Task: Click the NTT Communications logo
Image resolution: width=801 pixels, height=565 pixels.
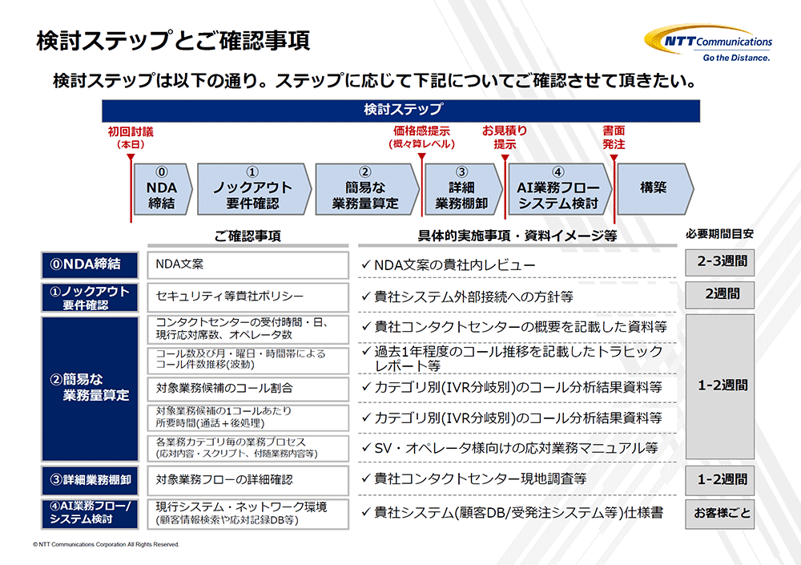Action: (x=709, y=42)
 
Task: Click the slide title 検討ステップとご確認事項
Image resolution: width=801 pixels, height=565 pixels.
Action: (x=173, y=41)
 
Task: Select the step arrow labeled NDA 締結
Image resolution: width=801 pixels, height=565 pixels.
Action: (x=163, y=188)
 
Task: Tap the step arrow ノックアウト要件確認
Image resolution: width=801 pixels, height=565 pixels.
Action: (x=254, y=188)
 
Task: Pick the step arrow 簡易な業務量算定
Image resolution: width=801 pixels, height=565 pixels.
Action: (x=367, y=188)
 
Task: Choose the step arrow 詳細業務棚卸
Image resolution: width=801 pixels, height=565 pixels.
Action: (x=463, y=188)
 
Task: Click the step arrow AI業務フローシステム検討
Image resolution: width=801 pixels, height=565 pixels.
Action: (x=559, y=188)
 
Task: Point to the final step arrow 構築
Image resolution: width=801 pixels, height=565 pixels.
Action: (x=655, y=188)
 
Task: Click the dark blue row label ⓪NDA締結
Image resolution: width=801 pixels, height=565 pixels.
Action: (x=90, y=264)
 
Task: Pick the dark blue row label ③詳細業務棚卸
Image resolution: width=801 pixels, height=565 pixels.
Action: (x=90, y=479)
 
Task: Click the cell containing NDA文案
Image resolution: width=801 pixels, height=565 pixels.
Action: (x=248, y=264)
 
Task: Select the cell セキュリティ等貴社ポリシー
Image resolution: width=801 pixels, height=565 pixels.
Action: (x=248, y=297)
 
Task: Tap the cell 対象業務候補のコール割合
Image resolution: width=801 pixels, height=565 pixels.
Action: (x=248, y=388)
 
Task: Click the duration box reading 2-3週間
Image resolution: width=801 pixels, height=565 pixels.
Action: (x=720, y=262)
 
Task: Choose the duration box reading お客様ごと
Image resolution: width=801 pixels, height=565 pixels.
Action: (x=720, y=514)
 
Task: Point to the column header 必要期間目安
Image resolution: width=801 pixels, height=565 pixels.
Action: (x=719, y=234)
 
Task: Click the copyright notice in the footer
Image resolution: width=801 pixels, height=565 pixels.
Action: (x=107, y=544)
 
